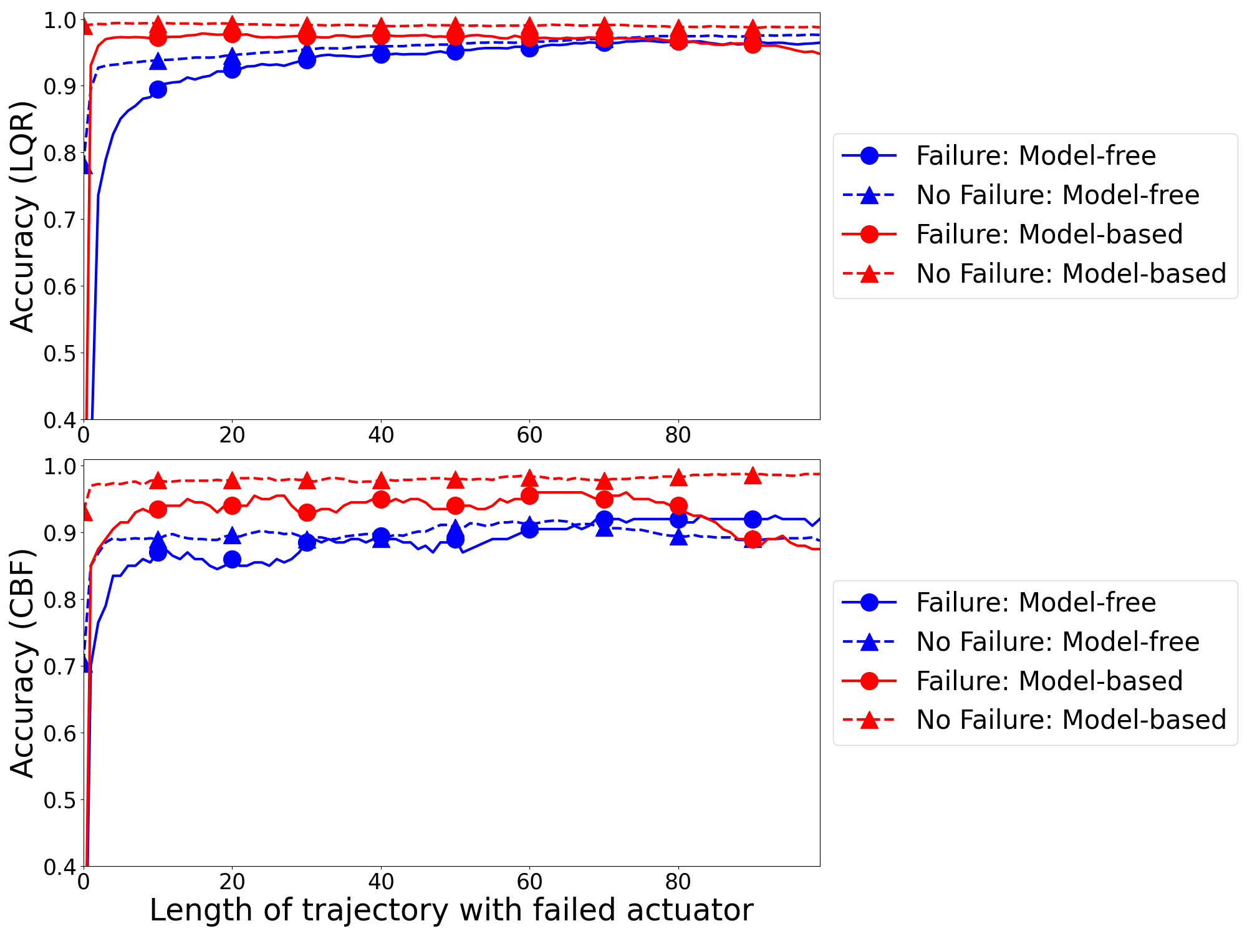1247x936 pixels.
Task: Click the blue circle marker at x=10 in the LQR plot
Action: point(158,89)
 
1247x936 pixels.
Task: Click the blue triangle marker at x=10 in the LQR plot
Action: point(158,61)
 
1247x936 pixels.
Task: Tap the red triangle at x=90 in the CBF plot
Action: point(753,475)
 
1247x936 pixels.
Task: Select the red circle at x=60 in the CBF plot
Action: point(529,496)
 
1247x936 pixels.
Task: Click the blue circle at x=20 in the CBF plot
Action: point(232,559)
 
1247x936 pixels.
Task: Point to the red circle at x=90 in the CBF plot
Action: point(753,539)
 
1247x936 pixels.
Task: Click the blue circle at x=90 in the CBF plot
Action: point(753,519)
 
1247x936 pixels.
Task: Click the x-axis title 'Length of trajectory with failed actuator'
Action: point(451,910)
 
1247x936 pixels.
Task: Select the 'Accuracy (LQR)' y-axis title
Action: point(23,217)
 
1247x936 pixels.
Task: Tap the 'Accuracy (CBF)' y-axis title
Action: point(23,663)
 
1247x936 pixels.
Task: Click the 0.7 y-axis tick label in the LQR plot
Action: point(59,220)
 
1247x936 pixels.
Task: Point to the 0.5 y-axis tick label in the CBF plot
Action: point(59,800)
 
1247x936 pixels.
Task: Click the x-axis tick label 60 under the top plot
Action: point(529,435)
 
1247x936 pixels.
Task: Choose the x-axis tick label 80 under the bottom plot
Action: point(678,882)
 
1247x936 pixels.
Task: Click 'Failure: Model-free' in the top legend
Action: point(1035,155)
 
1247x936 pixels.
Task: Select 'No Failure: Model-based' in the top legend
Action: point(1071,273)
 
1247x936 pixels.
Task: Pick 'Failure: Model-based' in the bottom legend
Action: point(1049,681)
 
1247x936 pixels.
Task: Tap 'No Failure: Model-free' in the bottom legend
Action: point(1057,641)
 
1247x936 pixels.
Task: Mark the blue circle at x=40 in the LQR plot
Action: point(381,54)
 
